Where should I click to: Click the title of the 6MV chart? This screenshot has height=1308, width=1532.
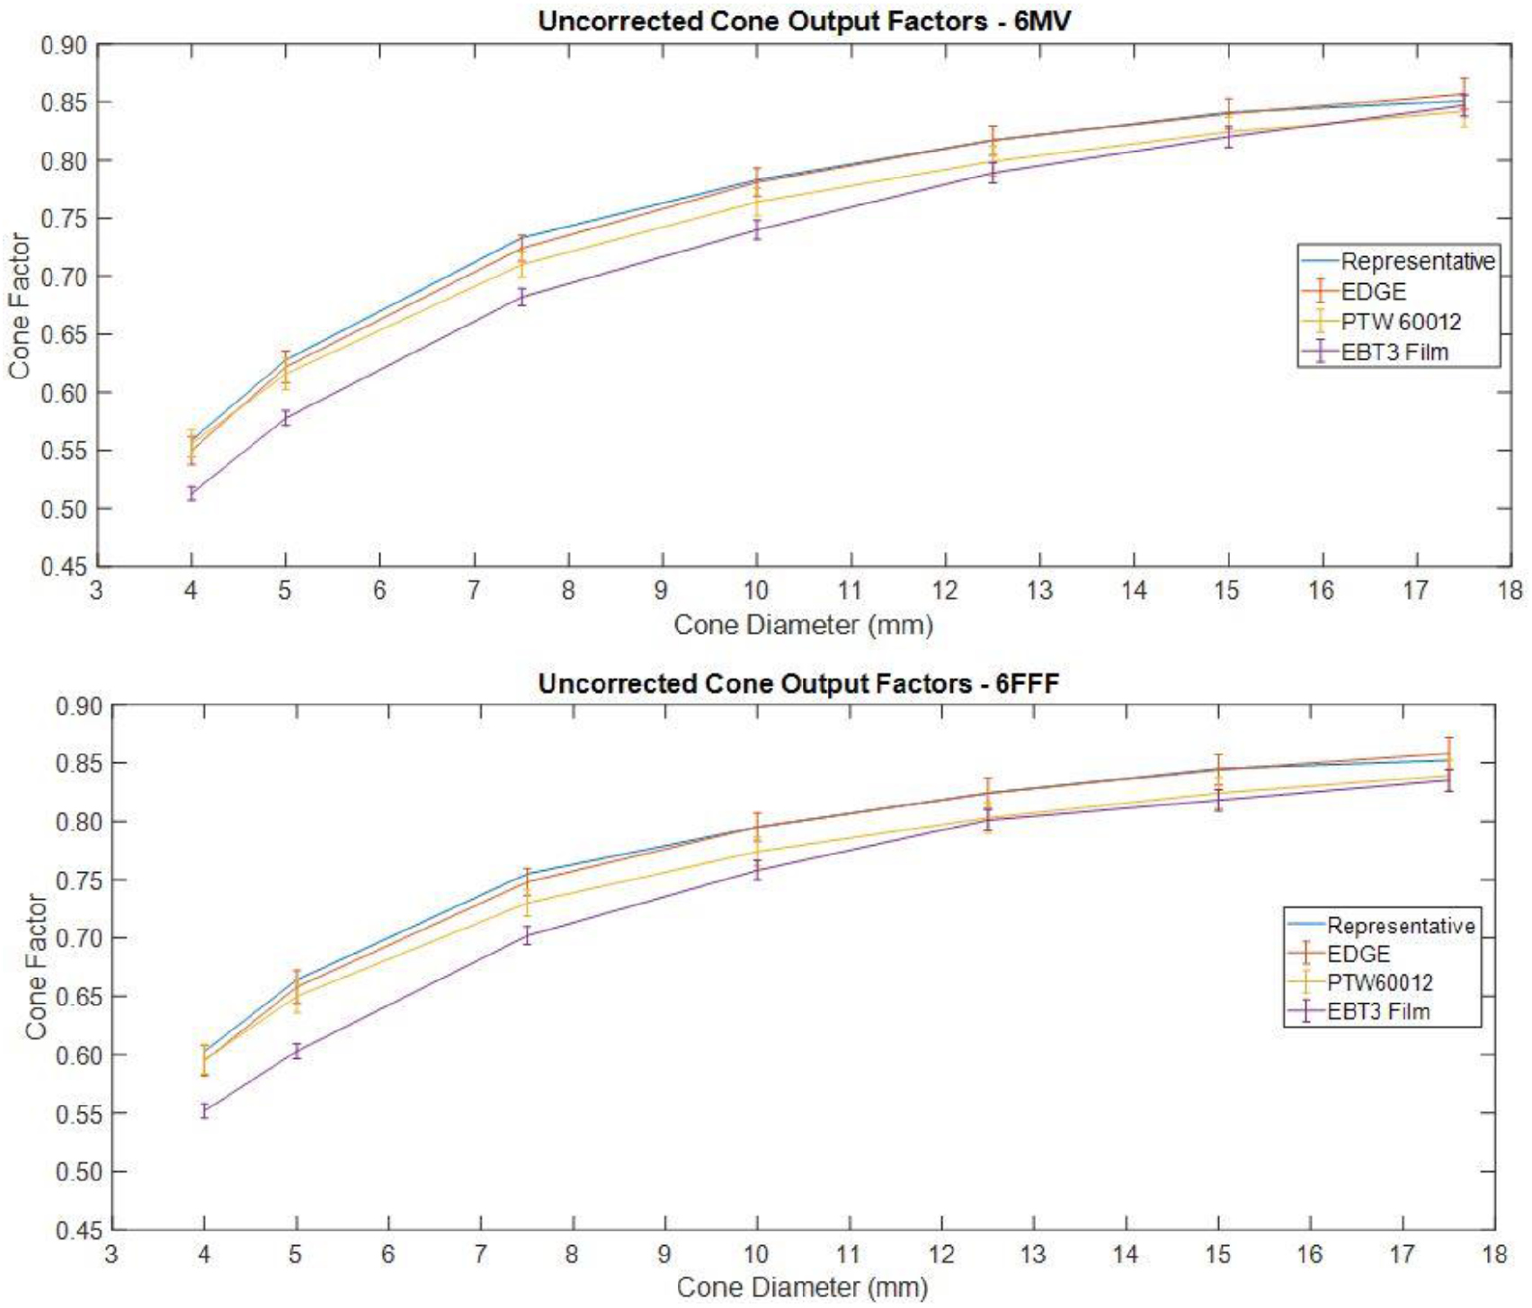[x=804, y=21]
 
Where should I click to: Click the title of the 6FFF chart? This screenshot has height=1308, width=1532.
[x=798, y=684]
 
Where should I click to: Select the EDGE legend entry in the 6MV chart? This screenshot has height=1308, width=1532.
[x=1373, y=291]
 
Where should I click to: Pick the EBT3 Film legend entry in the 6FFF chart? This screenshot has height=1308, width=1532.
[x=1377, y=1011]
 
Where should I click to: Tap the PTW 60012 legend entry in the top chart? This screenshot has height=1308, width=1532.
[x=1401, y=322]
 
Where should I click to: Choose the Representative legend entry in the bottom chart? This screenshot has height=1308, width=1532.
[x=1401, y=925]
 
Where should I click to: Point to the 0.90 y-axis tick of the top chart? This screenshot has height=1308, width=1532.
[x=64, y=45]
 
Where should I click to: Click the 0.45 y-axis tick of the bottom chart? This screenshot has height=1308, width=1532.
[x=78, y=1230]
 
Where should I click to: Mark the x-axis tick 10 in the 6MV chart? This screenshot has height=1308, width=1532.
[x=756, y=591]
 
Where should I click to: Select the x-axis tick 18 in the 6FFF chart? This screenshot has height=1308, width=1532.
[x=1494, y=1254]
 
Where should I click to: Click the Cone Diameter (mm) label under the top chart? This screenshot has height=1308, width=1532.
[x=803, y=625]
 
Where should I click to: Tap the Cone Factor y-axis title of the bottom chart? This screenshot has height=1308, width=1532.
[x=36, y=966]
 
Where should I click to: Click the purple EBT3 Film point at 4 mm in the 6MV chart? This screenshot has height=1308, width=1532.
[x=191, y=493]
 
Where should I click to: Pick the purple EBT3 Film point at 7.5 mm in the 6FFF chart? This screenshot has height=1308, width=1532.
[x=527, y=936]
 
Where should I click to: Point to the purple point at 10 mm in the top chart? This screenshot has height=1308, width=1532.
[x=757, y=230]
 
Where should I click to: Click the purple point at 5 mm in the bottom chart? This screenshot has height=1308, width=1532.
[x=296, y=1051]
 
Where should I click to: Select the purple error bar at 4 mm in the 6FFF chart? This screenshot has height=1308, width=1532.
[x=204, y=1111]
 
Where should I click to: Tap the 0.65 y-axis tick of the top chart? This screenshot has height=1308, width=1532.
[x=64, y=334]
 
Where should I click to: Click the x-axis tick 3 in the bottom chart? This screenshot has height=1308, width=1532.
[x=111, y=1254]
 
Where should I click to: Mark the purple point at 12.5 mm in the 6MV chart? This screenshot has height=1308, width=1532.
[x=993, y=174]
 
